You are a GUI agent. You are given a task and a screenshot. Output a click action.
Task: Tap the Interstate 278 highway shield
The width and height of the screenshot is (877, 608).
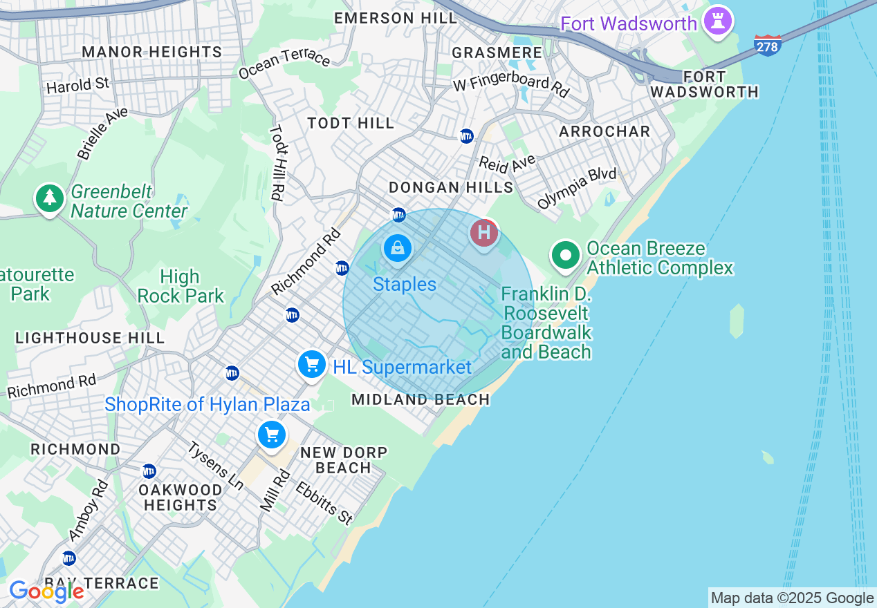[767, 46]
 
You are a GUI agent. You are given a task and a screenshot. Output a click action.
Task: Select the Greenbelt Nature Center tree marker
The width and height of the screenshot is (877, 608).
[49, 199]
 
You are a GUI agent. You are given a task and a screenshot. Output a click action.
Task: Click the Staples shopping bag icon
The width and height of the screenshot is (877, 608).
[397, 248]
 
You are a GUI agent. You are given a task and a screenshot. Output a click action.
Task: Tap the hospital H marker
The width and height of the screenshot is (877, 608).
[484, 233]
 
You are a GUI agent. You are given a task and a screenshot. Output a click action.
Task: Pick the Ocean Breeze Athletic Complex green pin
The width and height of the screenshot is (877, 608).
[566, 256]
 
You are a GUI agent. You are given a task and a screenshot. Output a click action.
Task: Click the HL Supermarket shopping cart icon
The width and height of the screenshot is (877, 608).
[311, 364]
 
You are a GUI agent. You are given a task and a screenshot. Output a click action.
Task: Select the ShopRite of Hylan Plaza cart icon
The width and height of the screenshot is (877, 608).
[272, 435]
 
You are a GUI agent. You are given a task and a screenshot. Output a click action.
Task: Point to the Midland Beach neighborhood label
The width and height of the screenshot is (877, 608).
[421, 399]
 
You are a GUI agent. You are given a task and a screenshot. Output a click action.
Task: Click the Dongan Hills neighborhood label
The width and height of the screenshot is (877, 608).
[451, 187]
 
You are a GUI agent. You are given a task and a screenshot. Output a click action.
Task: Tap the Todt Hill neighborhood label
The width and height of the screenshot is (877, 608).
[351, 124]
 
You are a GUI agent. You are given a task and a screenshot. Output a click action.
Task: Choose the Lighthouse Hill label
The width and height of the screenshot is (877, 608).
[90, 338]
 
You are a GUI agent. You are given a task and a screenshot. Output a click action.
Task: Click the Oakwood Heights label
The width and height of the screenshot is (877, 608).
[180, 497]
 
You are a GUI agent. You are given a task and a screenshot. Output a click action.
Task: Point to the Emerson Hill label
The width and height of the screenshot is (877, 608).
[396, 18]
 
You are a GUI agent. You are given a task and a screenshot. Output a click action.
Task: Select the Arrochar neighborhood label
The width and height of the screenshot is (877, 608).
[604, 131]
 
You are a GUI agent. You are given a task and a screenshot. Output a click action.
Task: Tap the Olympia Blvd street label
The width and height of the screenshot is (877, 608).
[577, 187]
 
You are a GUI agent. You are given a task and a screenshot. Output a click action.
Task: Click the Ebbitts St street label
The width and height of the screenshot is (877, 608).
[324, 502]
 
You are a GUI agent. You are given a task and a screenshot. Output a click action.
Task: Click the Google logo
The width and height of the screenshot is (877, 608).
[46, 591]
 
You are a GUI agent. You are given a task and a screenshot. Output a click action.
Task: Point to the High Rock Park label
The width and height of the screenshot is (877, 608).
[180, 287]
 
